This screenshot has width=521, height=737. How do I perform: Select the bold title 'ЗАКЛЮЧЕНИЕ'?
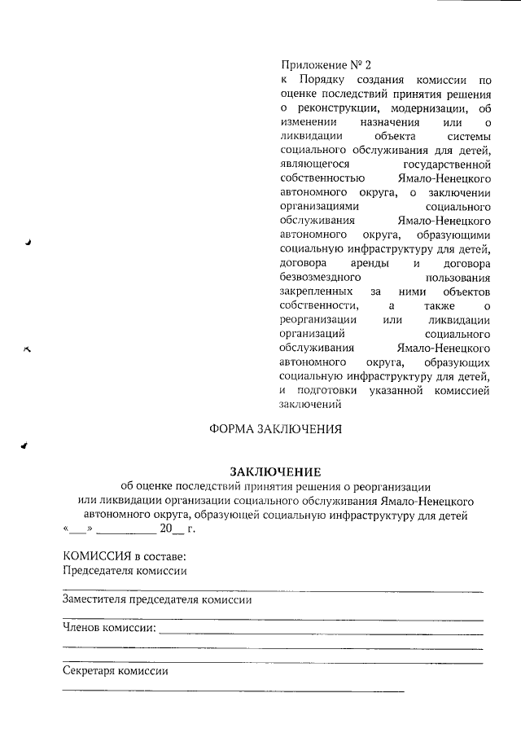[x=275, y=472]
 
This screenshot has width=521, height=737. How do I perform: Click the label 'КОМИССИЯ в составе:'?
[x=125, y=557]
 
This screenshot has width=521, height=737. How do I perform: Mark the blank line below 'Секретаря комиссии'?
[x=233, y=691]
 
